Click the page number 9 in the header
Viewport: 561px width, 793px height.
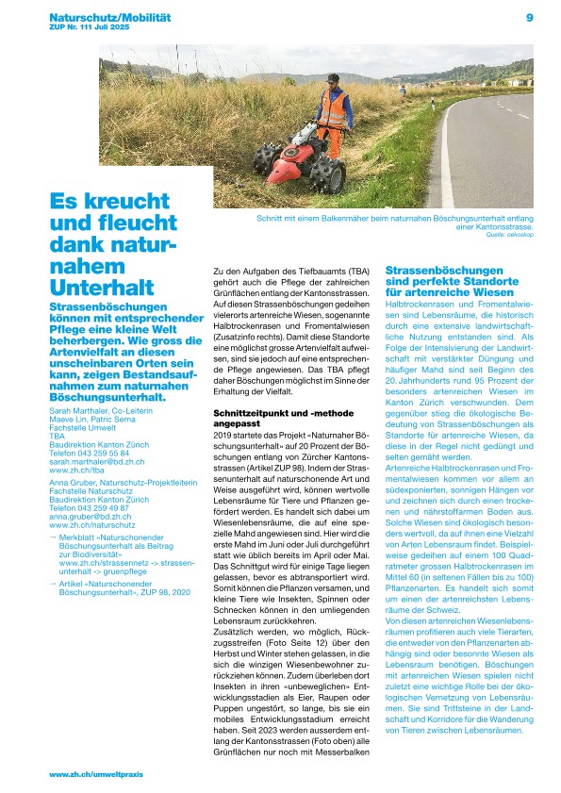[530, 17]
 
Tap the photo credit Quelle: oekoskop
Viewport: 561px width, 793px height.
[510, 236]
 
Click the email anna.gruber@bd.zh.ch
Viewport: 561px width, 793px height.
[90, 517]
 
